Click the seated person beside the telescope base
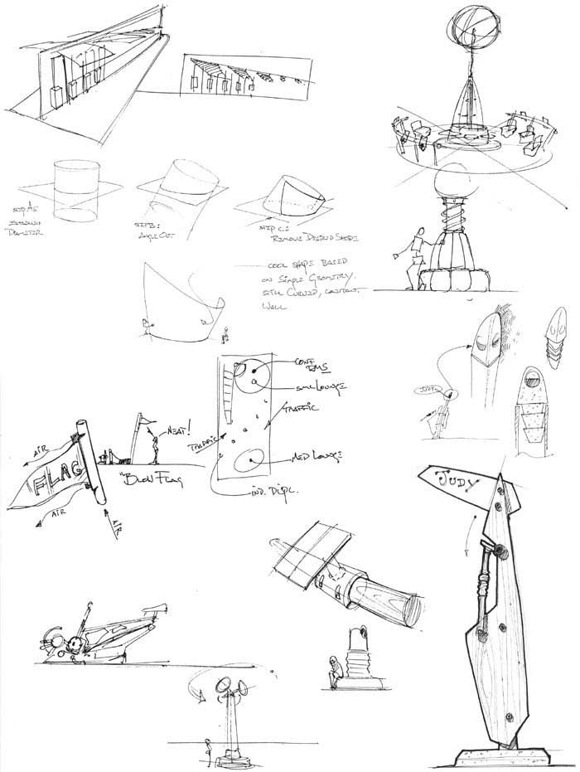334,670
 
